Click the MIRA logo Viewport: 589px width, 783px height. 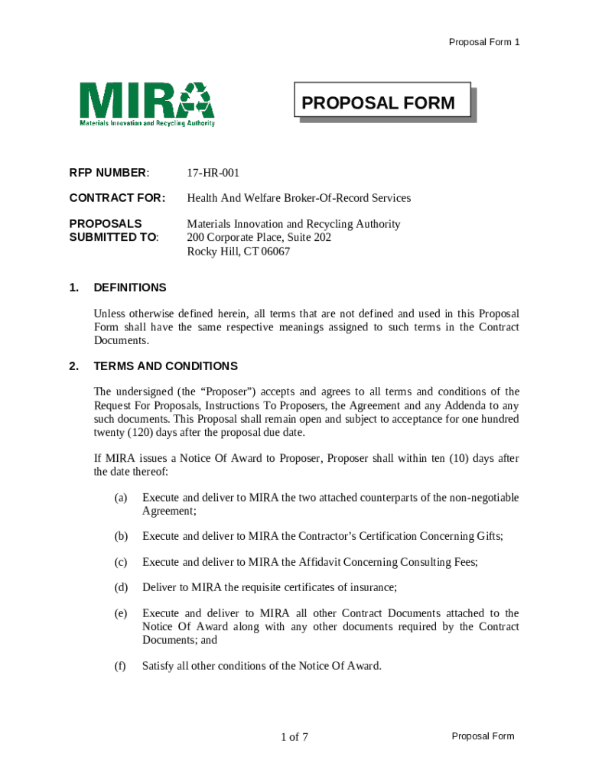pyautogui.click(x=147, y=104)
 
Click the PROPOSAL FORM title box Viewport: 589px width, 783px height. pyautogui.click(x=382, y=102)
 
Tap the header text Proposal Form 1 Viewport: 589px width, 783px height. pyautogui.click(x=483, y=42)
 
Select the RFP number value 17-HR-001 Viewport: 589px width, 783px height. pyautogui.click(x=213, y=174)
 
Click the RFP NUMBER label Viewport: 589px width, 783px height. pyautogui.click(x=109, y=174)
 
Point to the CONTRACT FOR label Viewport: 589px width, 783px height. pyautogui.click(x=117, y=198)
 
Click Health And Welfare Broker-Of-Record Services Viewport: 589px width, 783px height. pyautogui.click(x=298, y=198)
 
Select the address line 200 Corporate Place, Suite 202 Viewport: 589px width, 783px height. pyautogui.click(x=259, y=238)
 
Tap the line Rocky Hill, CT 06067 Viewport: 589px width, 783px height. pyautogui.click(x=239, y=252)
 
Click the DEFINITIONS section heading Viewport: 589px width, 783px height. pyautogui.click(x=129, y=288)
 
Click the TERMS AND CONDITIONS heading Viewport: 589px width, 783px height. pyautogui.click(x=165, y=366)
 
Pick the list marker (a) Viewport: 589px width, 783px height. pyautogui.click(x=121, y=498)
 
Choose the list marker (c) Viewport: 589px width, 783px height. pyautogui.click(x=121, y=562)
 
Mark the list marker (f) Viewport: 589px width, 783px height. pyautogui.click(x=120, y=666)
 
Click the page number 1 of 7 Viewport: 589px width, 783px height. pyautogui.click(x=294, y=737)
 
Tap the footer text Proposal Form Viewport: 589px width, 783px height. pyautogui.click(x=483, y=736)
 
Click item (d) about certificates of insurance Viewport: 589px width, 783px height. pyautogui.click(x=269, y=588)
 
